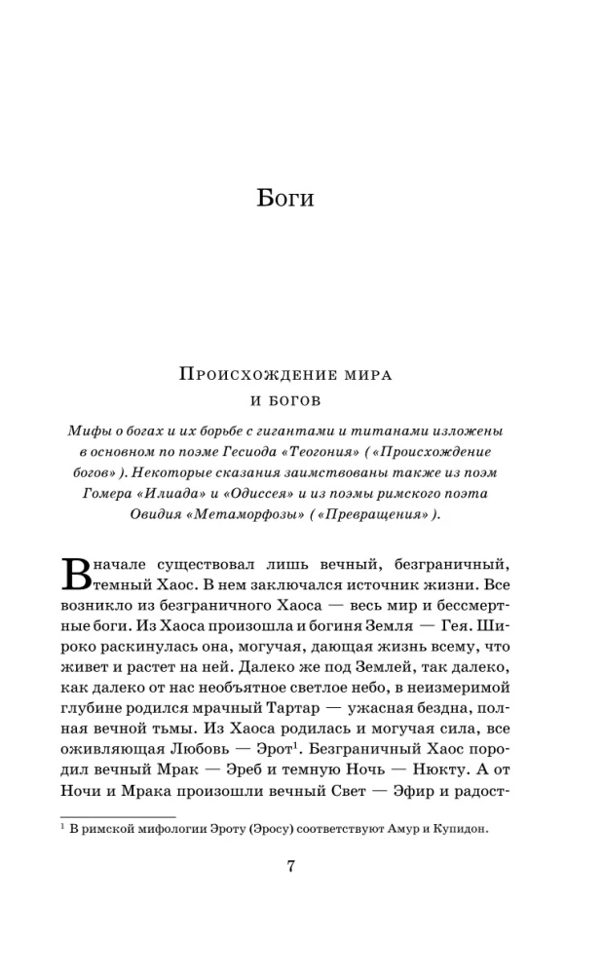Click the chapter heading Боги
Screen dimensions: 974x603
point(285,198)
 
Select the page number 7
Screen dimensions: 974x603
point(289,869)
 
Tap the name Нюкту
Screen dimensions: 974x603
point(443,768)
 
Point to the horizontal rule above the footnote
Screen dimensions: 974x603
point(118,816)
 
